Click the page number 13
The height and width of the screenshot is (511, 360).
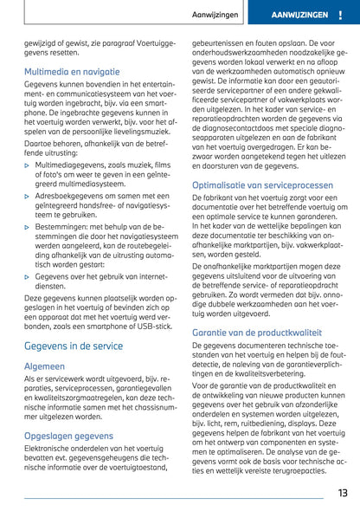342,493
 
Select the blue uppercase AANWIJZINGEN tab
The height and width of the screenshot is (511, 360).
299,16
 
